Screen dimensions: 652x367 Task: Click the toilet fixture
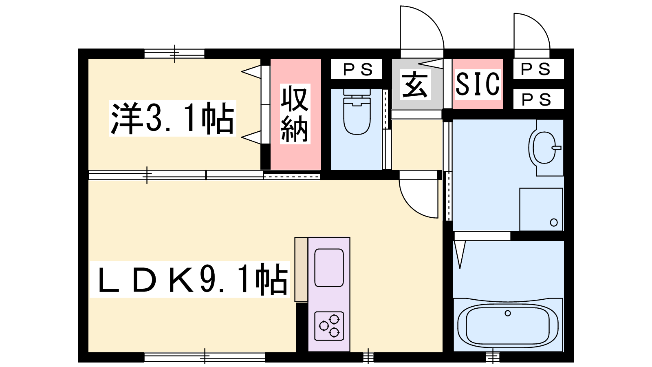click(357, 112)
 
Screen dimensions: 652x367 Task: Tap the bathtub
click(508, 325)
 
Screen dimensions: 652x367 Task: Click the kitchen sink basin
click(329, 268)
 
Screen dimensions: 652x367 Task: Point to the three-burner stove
click(329, 326)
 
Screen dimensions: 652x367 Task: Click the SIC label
click(478, 84)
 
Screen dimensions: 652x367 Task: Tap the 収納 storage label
click(295, 114)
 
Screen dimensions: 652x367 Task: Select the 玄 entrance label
click(415, 84)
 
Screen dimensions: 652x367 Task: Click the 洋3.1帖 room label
click(172, 118)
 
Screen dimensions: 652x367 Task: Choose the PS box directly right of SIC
click(538, 99)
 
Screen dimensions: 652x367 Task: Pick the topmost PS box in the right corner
click(538, 69)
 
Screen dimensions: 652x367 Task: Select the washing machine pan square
click(541, 209)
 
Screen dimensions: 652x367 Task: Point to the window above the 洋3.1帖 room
click(175, 53)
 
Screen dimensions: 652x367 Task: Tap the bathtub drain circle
click(508, 314)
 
